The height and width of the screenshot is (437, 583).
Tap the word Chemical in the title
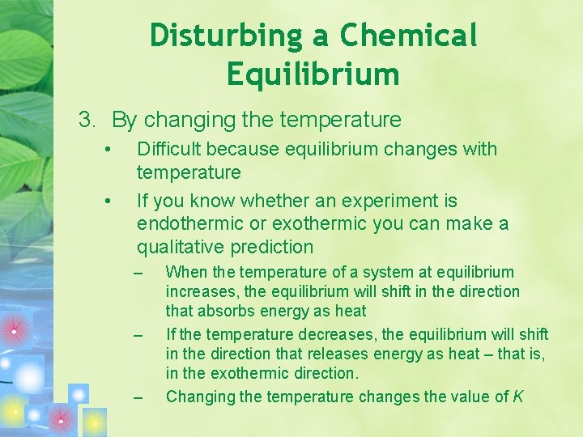click(x=409, y=36)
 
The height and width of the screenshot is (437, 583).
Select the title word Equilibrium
click(x=313, y=74)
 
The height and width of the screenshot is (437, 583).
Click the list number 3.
click(x=87, y=121)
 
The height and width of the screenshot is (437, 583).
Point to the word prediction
click(x=273, y=247)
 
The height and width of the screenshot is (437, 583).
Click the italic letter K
click(x=518, y=397)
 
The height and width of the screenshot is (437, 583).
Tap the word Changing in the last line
click(x=198, y=397)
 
